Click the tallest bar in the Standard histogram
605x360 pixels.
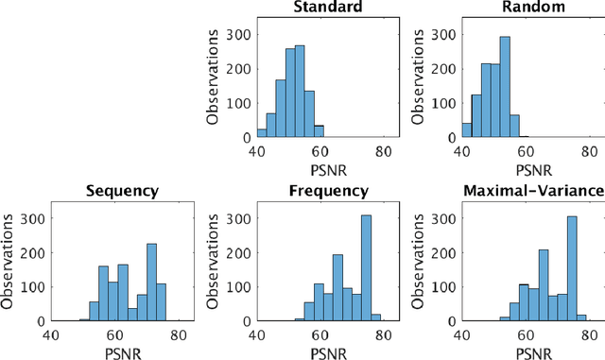click(x=300, y=91)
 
